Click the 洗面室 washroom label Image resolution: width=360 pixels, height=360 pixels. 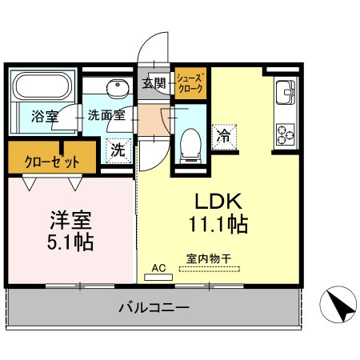click(106, 115)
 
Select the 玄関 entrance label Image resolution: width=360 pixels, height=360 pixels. click(154, 82)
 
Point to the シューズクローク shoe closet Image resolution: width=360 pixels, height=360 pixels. click(190, 82)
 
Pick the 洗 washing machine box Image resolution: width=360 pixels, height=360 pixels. click(118, 149)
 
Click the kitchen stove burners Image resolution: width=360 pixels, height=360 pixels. click(286, 131)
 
